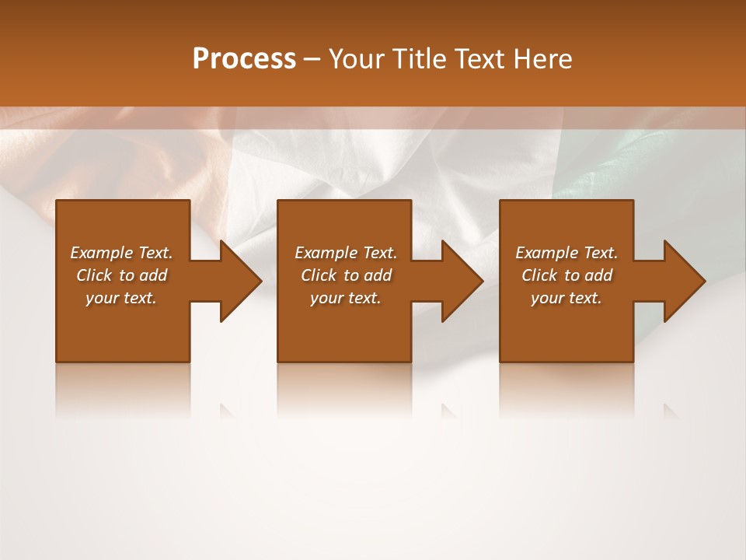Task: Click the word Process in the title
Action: (244, 58)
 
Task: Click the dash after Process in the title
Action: (312, 59)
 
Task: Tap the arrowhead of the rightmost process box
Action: (683, 281)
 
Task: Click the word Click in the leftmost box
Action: (95, 275)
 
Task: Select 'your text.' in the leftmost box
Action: (121, 298)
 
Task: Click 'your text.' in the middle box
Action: (345, 298)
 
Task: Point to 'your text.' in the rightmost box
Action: (566, 298)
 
